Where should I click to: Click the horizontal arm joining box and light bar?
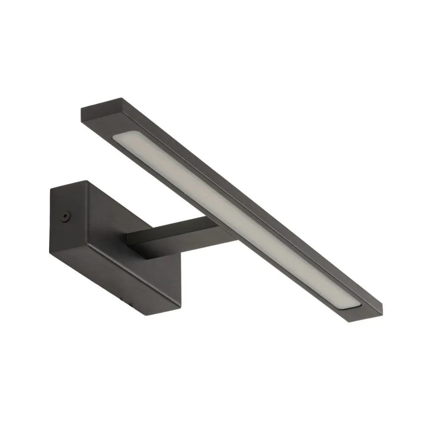pos(174,237)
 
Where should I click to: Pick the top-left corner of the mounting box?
pos(51,190)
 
